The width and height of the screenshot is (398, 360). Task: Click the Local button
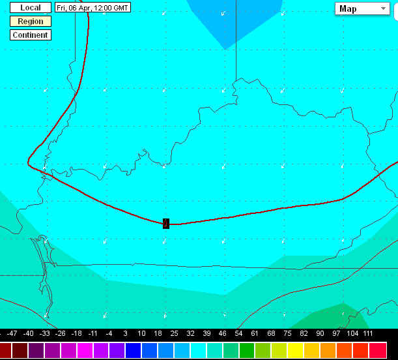point(30,8)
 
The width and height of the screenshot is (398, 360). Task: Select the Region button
point(30,22)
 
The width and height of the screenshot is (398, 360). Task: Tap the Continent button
point(30,35)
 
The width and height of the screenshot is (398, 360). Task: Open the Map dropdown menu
point(362,8)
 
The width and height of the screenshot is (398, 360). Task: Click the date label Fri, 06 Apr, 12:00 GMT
point(92,8)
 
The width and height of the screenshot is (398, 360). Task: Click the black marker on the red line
point(166,224)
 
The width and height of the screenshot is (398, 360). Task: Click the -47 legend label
point(13,333)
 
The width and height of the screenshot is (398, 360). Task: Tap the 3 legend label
point(126,333)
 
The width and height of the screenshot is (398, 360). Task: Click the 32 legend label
point(190,333)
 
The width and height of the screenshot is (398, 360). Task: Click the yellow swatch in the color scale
point(296,350)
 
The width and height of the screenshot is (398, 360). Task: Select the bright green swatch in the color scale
point(248,350)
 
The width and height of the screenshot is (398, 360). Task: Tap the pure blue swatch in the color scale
point(134,350)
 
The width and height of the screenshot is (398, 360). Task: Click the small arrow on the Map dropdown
point(382,8)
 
